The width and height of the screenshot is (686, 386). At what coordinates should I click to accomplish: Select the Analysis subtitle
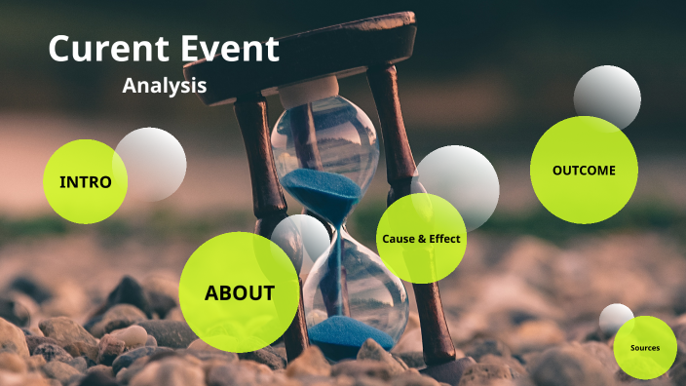point(164,85)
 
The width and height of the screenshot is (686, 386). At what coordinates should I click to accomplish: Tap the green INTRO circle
point(85,181)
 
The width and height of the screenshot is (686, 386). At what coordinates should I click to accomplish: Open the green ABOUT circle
point(239,291)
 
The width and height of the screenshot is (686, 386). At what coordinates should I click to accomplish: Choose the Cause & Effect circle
point(421,238)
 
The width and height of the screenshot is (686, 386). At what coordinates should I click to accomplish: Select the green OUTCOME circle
point(584,170)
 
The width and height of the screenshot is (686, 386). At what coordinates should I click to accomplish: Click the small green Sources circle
point(645,348)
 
